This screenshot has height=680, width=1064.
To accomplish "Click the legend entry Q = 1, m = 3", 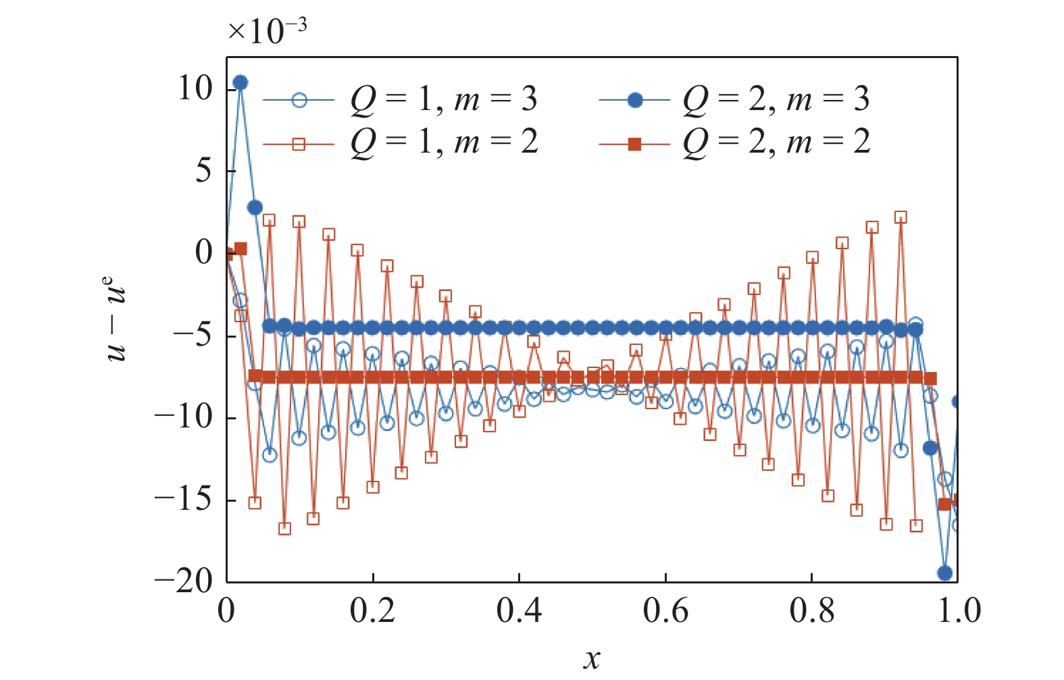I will click(443, 100).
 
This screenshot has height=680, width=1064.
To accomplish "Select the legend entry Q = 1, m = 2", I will click(443, 142).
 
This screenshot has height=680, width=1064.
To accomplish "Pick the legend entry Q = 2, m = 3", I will click(776, 100).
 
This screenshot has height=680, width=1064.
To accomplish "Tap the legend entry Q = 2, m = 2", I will click(776, 142).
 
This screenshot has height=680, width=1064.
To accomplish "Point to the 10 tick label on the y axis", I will click(195, 88).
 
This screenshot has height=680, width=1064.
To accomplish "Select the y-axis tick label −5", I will click(193, 336).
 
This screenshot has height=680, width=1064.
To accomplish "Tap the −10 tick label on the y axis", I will click(184, 417).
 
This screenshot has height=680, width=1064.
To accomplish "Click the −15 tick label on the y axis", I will click(184, 500).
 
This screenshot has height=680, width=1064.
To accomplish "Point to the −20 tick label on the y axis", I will click(184, 581).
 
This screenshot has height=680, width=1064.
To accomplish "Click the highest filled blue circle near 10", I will click(240, 82).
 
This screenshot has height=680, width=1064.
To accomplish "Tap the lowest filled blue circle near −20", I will click(944, 573).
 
